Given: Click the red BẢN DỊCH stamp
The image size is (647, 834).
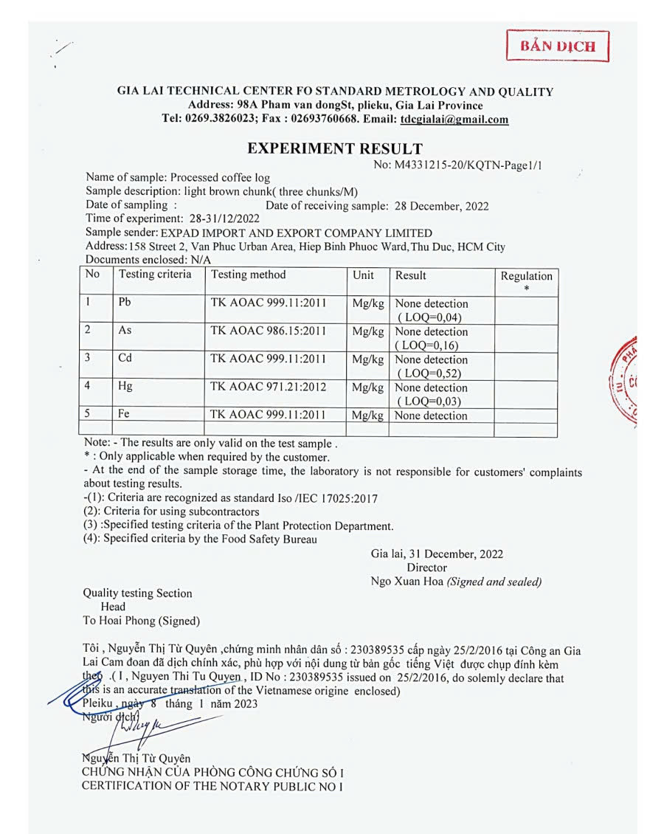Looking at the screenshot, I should (x=558, y=46).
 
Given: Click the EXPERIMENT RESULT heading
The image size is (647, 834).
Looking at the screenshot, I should (x=335, y=148).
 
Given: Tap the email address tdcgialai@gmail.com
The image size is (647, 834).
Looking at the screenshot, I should (x=454, y=120).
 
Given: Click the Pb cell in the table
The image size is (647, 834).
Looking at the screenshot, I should (x=125, y=303).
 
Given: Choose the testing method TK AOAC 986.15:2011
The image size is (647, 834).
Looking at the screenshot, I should (x=268, y=331).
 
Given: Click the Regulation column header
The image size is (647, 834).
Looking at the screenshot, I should (x=526, y=276).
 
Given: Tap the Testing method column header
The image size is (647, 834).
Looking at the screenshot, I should (x=248, y=275).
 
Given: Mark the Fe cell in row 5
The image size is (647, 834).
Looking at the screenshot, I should (x=124, y=416).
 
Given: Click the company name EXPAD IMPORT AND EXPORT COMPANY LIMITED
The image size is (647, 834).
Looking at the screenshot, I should (x=297, y=232).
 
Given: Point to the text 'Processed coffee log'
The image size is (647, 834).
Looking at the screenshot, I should (x=220, y=178).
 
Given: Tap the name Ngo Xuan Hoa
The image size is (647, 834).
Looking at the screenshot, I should (x=407, y=582).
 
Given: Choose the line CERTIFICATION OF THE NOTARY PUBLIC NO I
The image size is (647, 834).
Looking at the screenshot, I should (x=212, y=786).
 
